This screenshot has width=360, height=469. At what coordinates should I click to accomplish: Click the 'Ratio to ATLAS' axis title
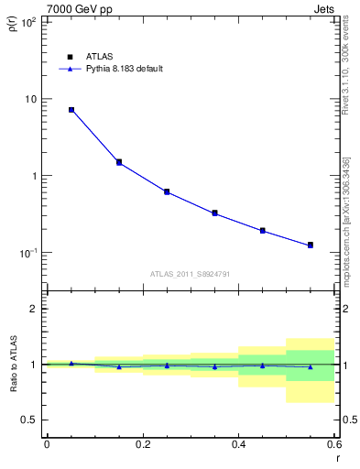pyautogui.click(x=12, y=365)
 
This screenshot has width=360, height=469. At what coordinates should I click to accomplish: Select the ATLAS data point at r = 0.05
pyautogui.click(x=71, y=110)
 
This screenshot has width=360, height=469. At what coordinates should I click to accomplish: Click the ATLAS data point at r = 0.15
pyautogui.click(x=119, y=162)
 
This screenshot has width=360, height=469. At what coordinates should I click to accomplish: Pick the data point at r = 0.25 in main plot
pyautogui.click(x=167, y=191)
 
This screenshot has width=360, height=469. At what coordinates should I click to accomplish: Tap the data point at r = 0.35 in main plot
pyautogui.click(x=214, y=213)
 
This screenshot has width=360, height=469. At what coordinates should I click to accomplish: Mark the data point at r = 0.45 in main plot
pyautogui.click(x=263, y=231)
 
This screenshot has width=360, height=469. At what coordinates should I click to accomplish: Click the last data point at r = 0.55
pyautogui.click(x=311, y=245)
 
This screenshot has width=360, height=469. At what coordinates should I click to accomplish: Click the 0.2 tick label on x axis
pyautogui.click(x=142, y=443)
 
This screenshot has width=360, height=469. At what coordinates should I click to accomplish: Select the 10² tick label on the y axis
pyautogui.click(x=28, y=22)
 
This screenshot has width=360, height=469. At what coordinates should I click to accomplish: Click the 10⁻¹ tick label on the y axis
pyautogui.click(x=28, y=253)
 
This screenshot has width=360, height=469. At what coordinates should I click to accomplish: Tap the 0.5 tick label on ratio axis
pyautogui.click(x=29, y=420)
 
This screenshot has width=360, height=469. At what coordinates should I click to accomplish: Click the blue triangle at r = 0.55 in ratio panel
pyautogui.click(x=311, y=366)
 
